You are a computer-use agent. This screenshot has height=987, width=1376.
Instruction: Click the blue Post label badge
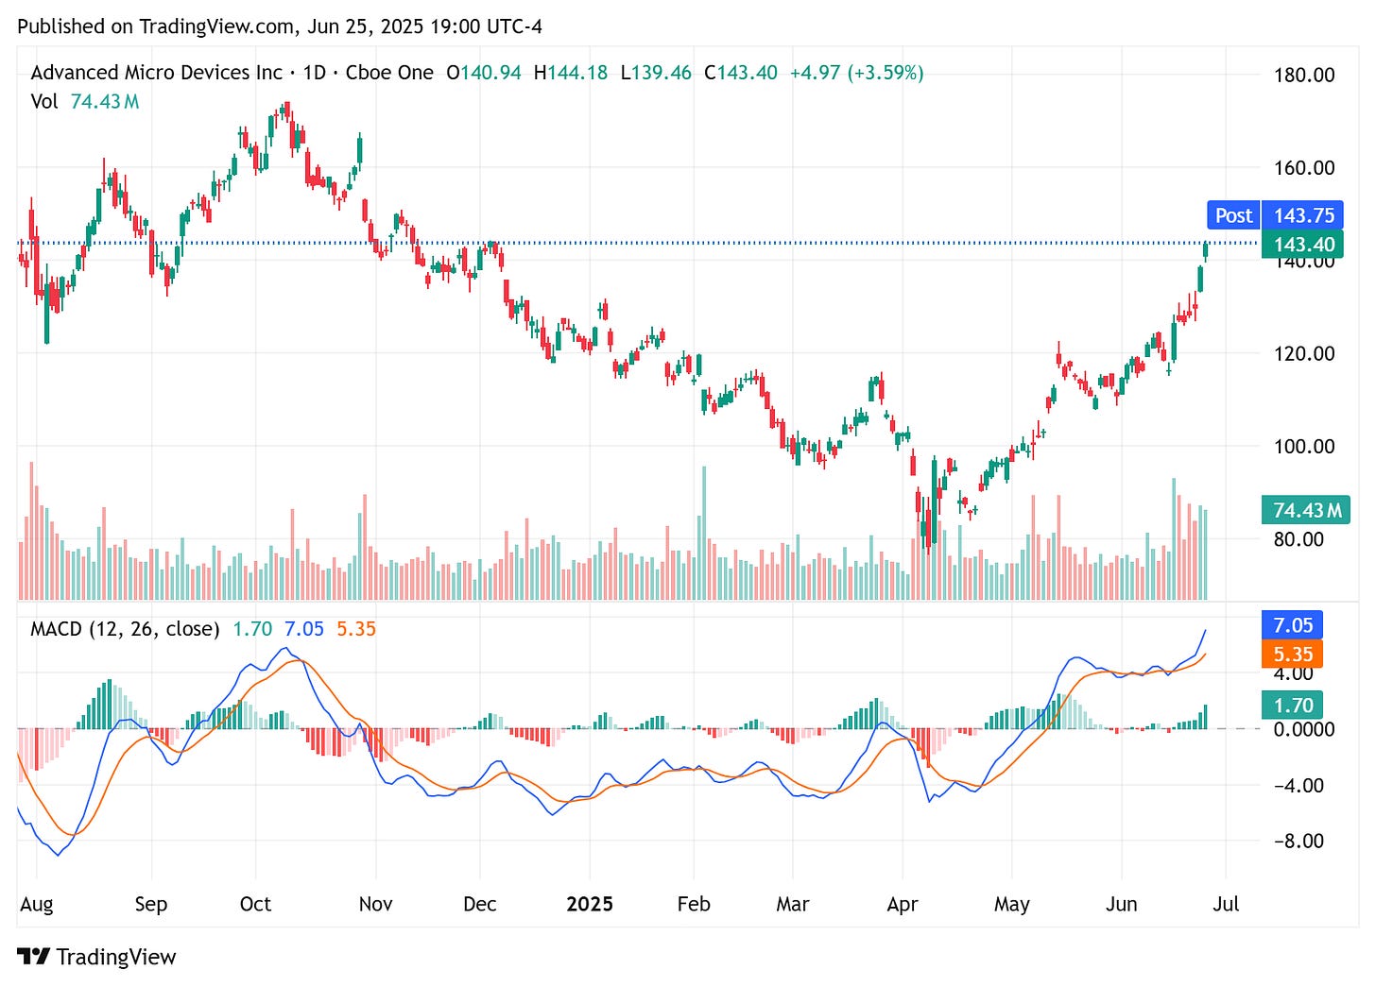(x=1233, y=215)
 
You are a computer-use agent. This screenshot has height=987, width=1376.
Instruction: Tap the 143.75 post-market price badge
(x=1303, y=215)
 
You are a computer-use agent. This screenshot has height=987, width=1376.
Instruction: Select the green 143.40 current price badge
(x=1303, y=245)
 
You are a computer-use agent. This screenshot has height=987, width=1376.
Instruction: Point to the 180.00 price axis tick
(x=1303, y=75)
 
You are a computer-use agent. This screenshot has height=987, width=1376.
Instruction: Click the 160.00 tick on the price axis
(x=1303, y=168)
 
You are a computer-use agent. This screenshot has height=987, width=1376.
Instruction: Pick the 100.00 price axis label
(x=1303, y=446)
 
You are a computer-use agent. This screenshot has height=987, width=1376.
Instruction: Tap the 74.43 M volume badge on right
(x=1306, y=510)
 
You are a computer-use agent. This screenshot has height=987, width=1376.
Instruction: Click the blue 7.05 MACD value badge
(x=1292, y=625)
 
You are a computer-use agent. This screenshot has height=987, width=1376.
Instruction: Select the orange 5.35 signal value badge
(x=1292, y=654)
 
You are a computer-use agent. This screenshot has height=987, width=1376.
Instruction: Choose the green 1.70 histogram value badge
(x=1292, y=706)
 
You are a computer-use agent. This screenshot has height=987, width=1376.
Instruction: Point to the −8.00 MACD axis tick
(x=1299, y=841)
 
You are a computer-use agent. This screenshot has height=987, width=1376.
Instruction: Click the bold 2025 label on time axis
(x=589, y=904)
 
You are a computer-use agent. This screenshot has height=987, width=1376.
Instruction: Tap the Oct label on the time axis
(x=255, y=904)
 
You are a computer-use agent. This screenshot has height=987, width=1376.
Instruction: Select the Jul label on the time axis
(x=1226, y=904)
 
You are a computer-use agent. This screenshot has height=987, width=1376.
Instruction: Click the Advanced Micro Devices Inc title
(x=156, y=73)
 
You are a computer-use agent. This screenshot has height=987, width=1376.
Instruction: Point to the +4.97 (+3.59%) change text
(x=856, y=73)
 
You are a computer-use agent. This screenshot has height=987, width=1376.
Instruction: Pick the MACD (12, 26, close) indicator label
(x=125, y=629)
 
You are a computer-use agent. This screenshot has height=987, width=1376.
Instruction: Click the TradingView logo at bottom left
(x=96, y=957)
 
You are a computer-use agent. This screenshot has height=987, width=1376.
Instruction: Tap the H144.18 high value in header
(x=571, y=73)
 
